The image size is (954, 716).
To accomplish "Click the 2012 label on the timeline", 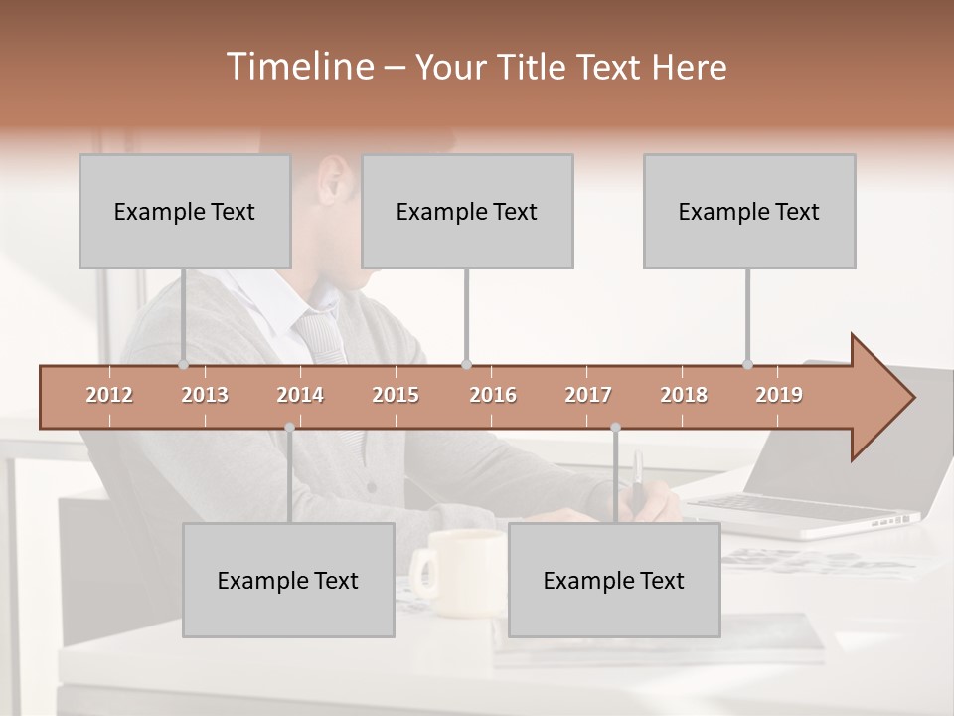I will click(x=109, y=395).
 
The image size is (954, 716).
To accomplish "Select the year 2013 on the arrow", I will click(x=205, y=395).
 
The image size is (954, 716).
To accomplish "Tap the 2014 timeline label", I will click(x=300, y=395).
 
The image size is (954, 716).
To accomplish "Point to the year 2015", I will click(x=396, y=395).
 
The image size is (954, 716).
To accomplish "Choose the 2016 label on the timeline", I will click(x=493, y=395).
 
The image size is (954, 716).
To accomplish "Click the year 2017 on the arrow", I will click(x=588, y=395).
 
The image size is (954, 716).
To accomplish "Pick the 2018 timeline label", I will click(x=684, y=395).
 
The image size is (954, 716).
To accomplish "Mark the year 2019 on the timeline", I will click(x=779, y=395).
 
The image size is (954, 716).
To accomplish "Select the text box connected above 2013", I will click(x=185, y=211).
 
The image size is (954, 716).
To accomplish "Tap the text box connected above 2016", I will click(x=467, y=211).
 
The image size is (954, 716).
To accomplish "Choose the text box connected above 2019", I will click(x=749, y=211).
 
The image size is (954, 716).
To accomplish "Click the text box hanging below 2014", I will click(x=288, y=580).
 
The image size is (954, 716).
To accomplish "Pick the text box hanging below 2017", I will click(x=614, y=580).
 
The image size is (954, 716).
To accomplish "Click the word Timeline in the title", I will click(x=298, y=67).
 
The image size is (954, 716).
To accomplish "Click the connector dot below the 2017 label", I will click(x=615, y=428).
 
